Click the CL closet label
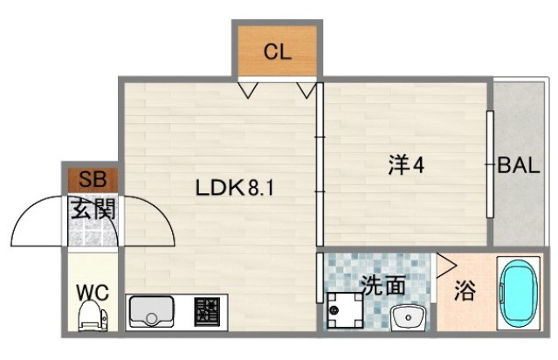[277, 51]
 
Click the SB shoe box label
[92, 181]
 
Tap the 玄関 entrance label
[93, 210]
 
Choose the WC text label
[92, 292]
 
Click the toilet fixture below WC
[92, 317]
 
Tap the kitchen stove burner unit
[207, 312]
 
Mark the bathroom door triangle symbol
[445, 264]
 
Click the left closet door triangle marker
[248, 88]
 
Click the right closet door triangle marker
[307, 88]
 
